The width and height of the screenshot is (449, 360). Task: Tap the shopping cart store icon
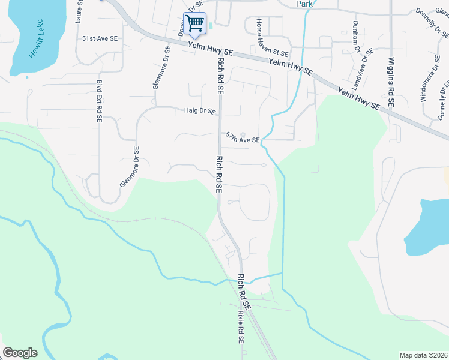[x=194, y=23]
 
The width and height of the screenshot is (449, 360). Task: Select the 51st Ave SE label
[x=100, y=38]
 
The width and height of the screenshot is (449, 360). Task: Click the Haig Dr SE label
[x=199, y=110]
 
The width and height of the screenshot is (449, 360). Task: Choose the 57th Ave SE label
[x=243, y=139]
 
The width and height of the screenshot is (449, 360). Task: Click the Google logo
[x=20, y=353]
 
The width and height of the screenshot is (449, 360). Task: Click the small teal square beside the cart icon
[x=211, y=25]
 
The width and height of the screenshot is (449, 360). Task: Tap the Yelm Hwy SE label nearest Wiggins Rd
[x=359, y=98]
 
